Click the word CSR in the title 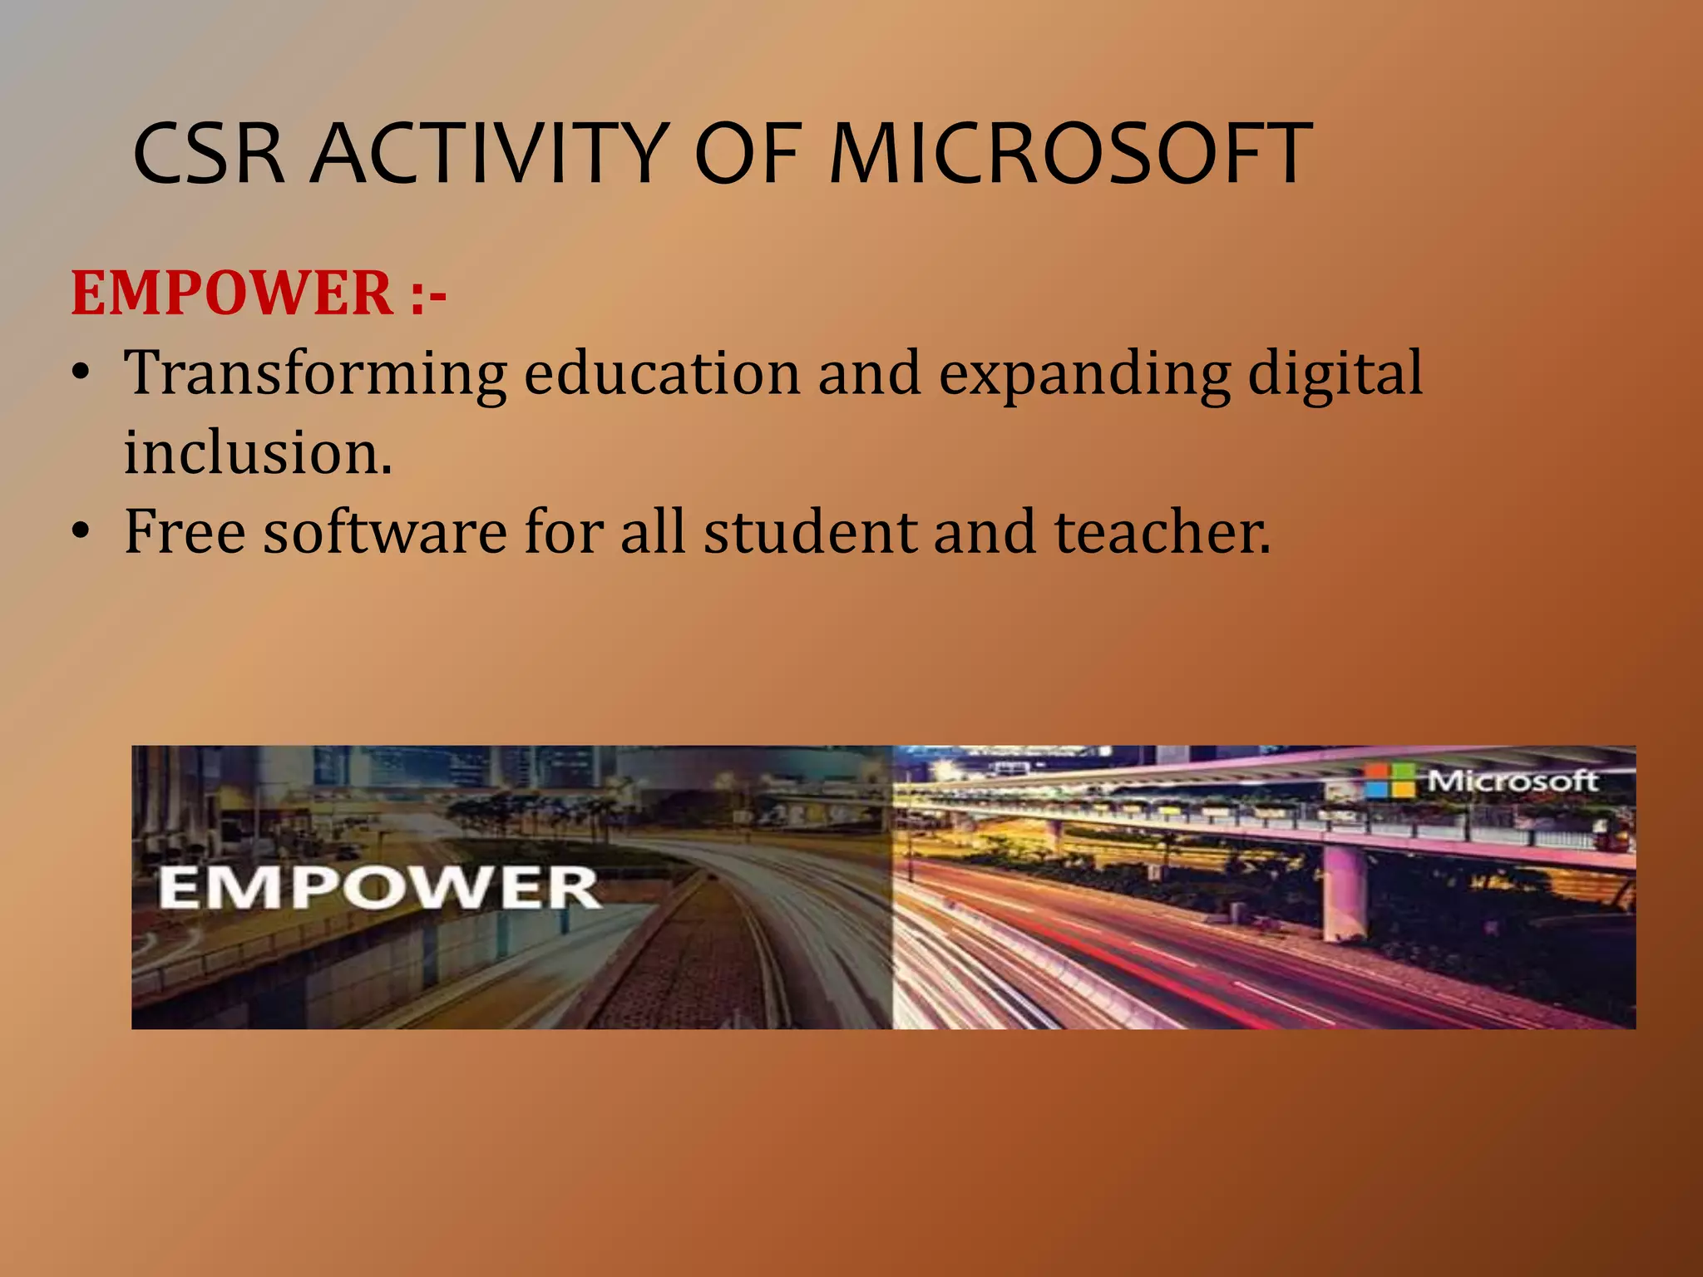[x=209, y=154]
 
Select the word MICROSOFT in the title [x=1070, y=154]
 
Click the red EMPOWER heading [x=232, y=293]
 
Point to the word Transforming [x=315, y=374]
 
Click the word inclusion [x=258, y=453]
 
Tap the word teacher [x=1162, y=531]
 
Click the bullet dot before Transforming [x=80, y=374]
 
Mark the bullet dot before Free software [x=80, y=532]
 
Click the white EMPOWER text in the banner [x=378, y=888]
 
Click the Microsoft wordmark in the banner [x=1513, y=781]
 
